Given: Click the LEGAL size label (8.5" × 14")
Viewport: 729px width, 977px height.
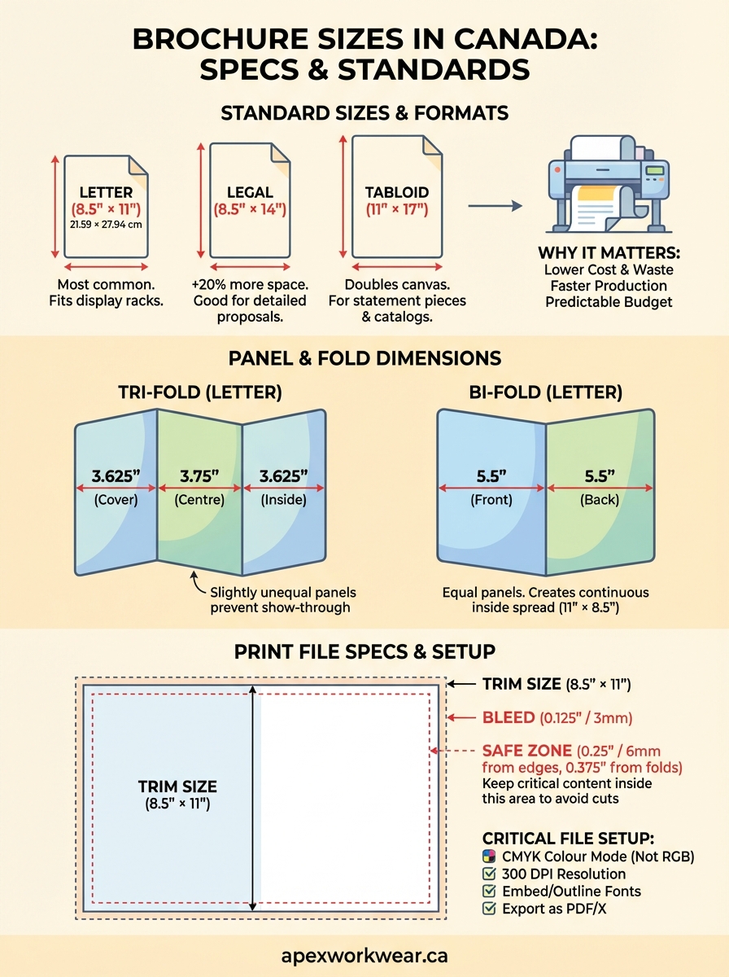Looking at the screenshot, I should click(250, 209).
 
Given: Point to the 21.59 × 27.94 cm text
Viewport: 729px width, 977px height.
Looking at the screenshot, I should click(106, 224).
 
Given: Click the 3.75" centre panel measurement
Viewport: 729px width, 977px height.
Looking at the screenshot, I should click(199, 475).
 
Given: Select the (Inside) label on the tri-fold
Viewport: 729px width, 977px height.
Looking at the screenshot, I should click(284, 500).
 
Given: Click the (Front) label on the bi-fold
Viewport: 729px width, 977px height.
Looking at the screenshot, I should click(491, 500).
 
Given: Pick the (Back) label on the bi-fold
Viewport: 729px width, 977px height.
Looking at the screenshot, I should click(600, 500).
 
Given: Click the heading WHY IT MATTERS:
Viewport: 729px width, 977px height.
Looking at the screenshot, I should click(609, 253).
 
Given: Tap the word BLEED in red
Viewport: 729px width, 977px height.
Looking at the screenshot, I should click(509, 717).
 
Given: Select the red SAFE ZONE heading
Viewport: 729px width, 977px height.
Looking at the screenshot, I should click(526, 750).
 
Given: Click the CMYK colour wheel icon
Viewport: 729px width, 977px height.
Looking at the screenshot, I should click(489, 857).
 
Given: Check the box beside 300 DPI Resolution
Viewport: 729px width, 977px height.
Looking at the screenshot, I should click(489, 874).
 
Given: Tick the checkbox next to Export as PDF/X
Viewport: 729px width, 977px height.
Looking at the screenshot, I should click(489, 909).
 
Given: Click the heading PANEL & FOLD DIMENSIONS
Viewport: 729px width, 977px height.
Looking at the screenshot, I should click(364, 358).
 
